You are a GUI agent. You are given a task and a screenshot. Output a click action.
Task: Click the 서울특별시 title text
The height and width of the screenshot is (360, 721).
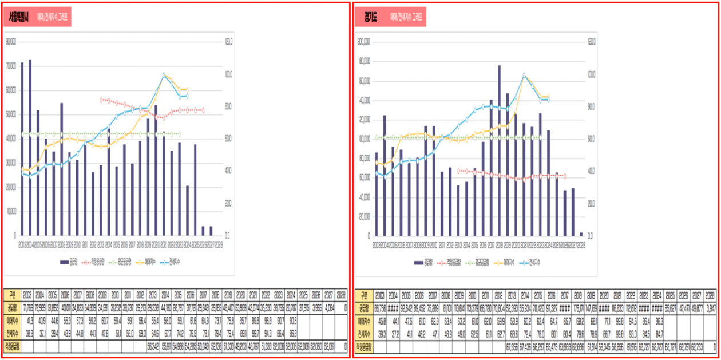20,18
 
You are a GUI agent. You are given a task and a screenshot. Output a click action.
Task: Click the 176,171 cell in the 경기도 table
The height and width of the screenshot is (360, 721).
578,308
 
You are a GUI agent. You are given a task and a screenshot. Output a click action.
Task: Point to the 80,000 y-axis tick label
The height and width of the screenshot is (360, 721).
12,42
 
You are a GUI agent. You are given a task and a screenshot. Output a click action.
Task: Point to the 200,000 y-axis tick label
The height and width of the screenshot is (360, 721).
364,42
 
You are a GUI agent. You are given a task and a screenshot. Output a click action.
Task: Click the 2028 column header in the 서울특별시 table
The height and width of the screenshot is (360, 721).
340,295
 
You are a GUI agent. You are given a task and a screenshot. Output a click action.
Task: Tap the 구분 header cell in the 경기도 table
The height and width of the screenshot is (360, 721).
363,295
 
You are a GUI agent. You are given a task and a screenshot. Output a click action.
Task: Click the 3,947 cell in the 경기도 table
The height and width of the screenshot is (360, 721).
709,308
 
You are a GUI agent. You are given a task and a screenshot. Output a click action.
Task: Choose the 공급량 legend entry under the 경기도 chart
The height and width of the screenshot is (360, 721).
423,262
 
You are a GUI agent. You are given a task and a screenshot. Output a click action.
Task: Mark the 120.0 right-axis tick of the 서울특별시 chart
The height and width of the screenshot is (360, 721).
228,42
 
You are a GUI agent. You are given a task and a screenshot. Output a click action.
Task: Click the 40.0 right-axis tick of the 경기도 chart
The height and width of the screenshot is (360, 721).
591,171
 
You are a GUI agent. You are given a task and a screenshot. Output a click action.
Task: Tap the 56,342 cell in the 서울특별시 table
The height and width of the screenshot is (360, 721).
153,346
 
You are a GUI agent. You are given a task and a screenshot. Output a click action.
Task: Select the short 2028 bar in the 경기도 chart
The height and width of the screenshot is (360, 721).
581,234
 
